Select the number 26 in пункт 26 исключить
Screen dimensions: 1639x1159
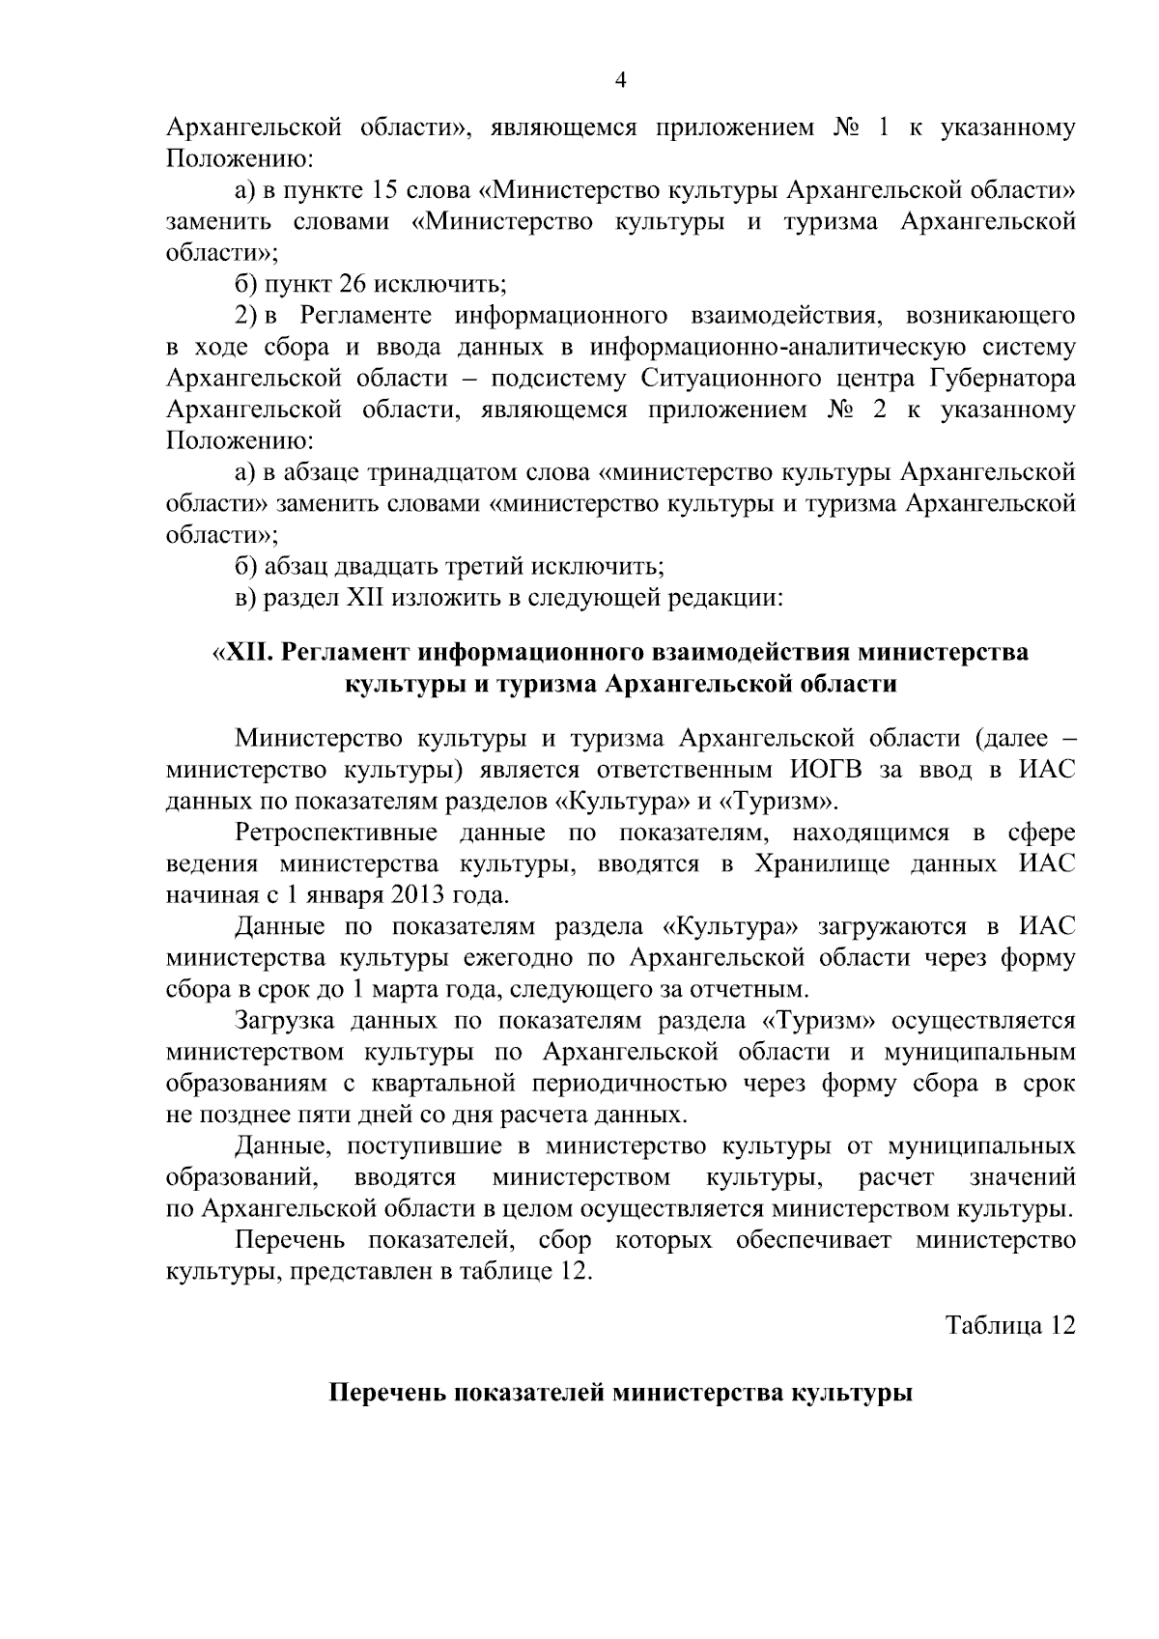(352, 285)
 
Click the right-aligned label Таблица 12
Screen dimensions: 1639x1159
(1009, 1324)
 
